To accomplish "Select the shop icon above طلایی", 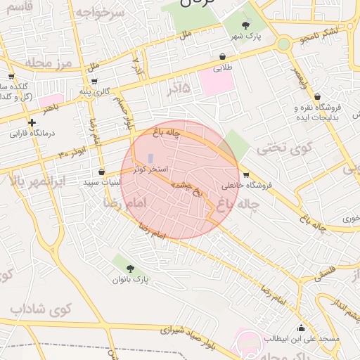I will point(224,56).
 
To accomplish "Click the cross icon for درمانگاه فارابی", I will point(32,122).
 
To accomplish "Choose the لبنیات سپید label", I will point(102,182).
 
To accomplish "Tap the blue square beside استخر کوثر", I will point(150,158).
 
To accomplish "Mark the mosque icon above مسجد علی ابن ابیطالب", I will point(302,327).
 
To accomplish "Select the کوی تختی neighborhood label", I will point(278,148).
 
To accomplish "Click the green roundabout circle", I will point(283,44).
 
